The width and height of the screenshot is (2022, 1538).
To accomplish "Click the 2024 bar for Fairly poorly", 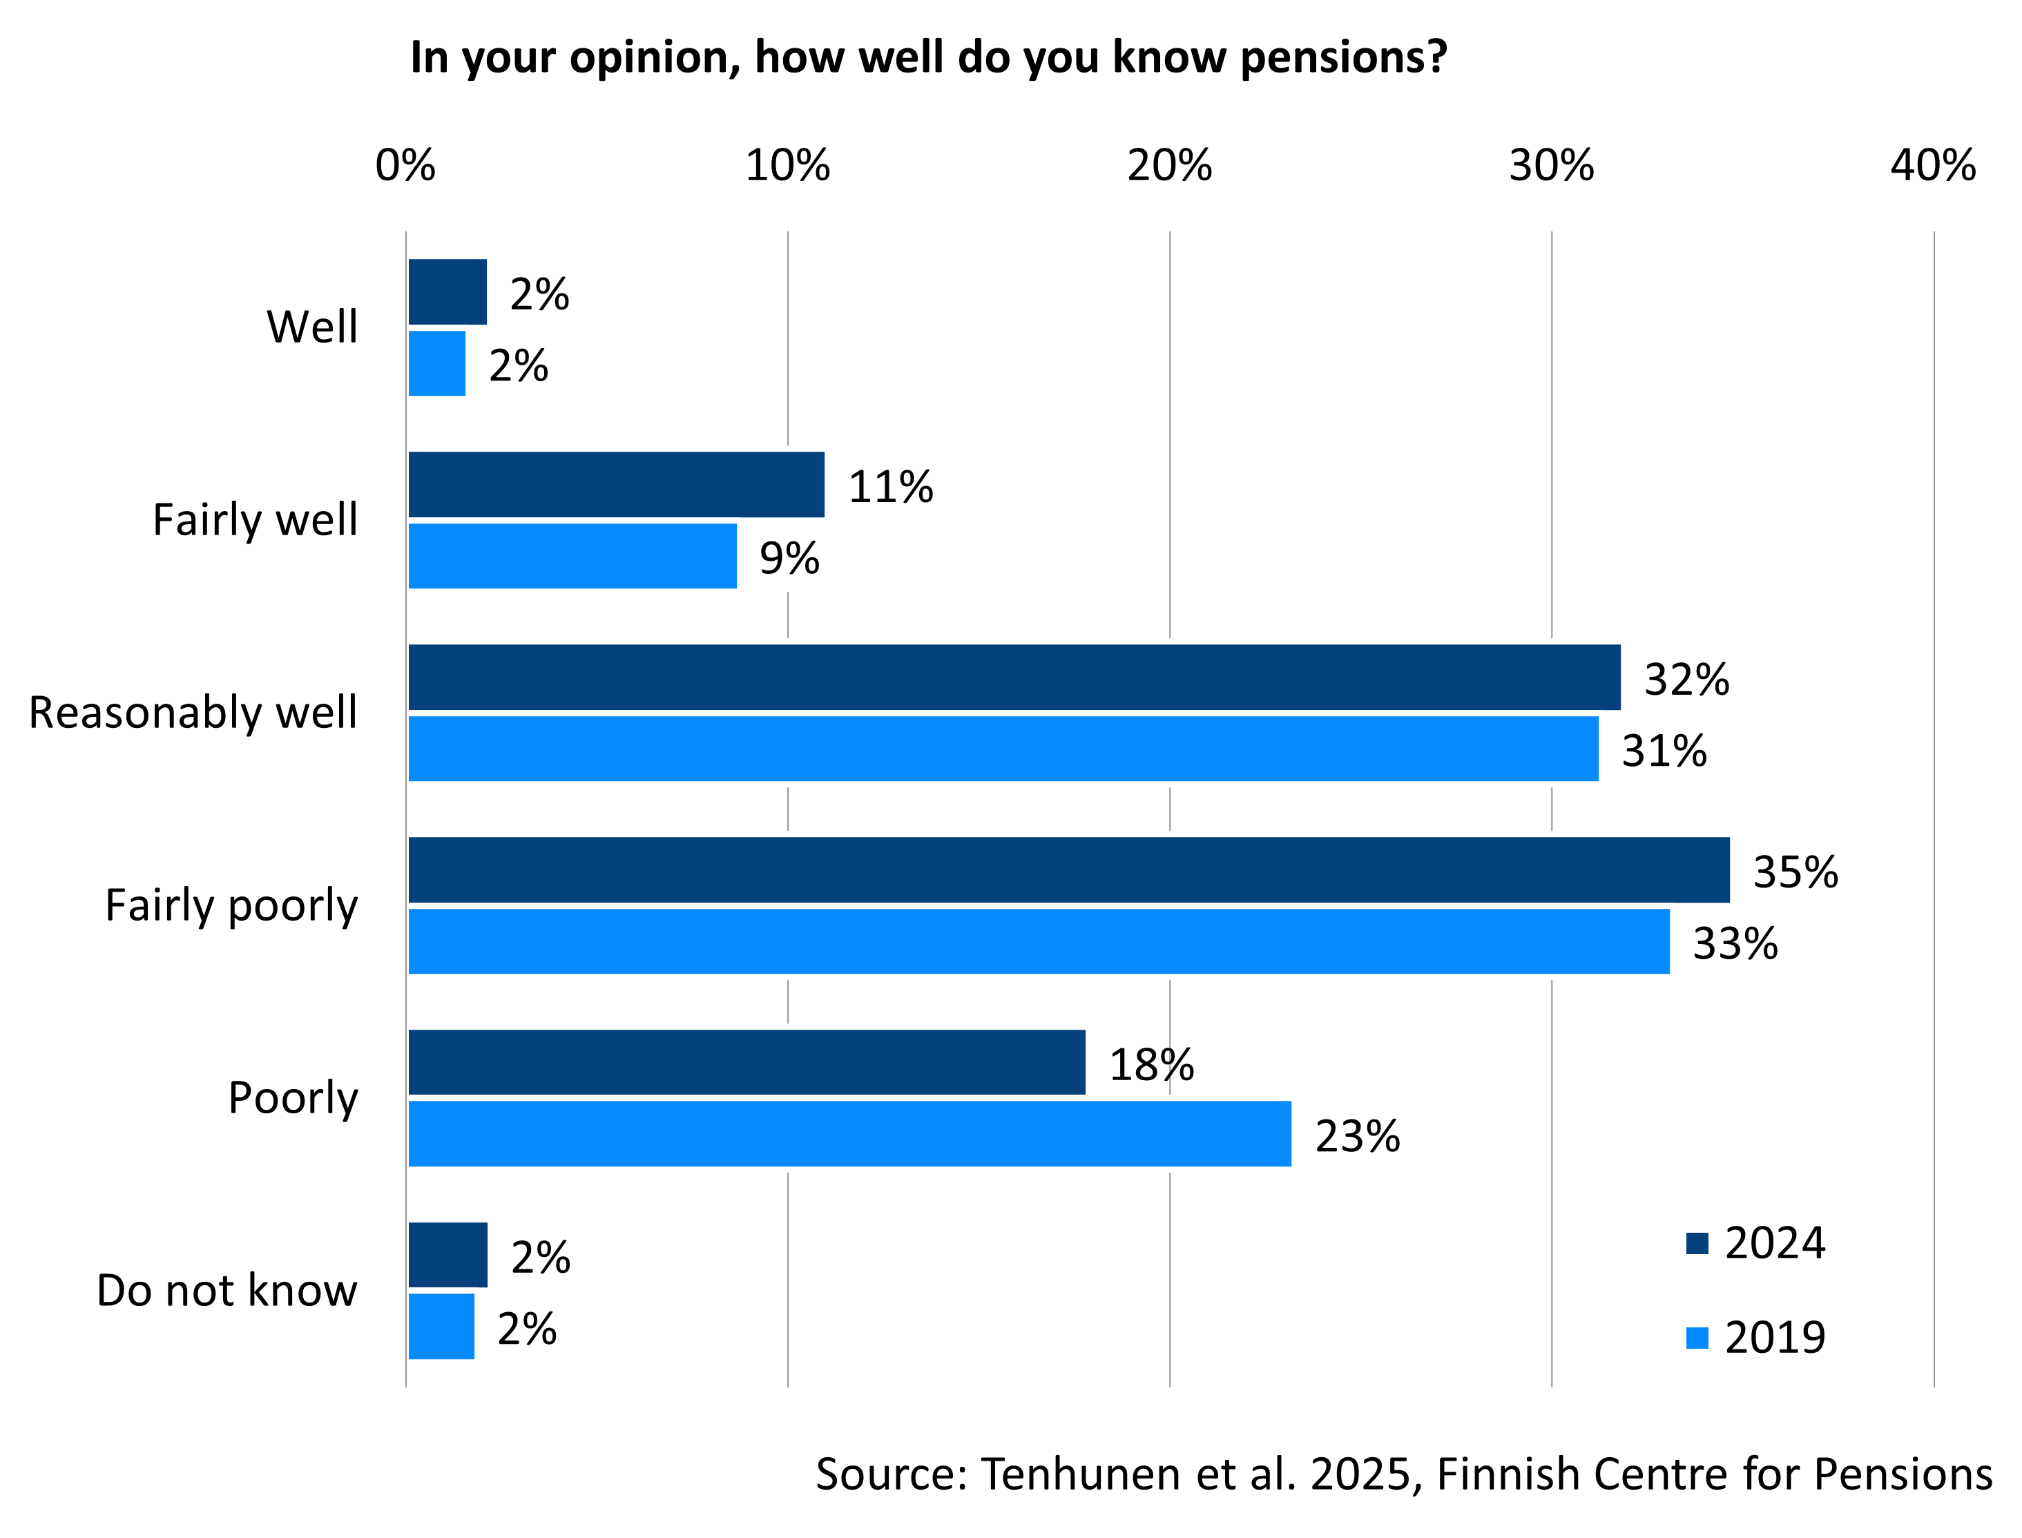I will (x=1068, y=869).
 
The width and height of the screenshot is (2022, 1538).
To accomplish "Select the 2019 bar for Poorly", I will (x=849, y=1134).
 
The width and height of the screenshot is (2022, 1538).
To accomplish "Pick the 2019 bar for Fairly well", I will (x=572, y=557).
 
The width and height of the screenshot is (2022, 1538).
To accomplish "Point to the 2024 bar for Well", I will (x=447, y=292).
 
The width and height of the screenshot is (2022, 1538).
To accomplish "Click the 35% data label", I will (x=1795, y=872).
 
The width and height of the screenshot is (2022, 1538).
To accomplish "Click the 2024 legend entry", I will (x=1755, y=1243).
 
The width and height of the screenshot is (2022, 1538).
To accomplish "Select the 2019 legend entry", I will (x=1755, y=1338).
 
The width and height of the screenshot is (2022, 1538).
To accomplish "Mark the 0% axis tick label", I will (x=405, y=166).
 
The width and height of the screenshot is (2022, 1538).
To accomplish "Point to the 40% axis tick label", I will (x=1933, y=166).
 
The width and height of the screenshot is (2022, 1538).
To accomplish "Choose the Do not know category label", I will (x=227, y=1291).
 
